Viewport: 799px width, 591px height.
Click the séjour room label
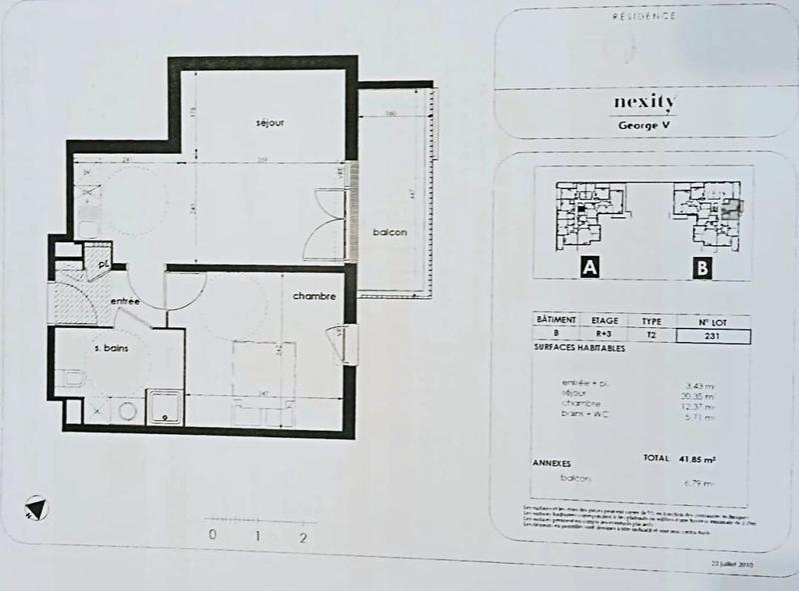point(270,123)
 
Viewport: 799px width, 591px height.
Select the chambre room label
point(313,297)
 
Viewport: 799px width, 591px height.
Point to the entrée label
point(126,301)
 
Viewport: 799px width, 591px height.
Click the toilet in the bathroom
point(72,378)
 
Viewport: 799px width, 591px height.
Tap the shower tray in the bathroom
point(164,409)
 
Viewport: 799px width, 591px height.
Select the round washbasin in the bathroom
point(127,410)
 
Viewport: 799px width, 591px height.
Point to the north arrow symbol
point(36,508)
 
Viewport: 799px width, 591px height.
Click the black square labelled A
point(589,267)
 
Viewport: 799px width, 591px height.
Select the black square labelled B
point(702,267)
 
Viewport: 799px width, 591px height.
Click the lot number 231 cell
point(712,337)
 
